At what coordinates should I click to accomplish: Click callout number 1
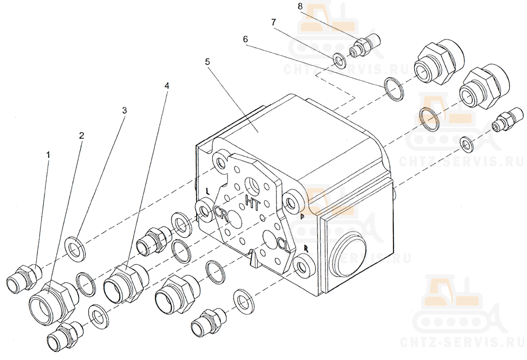(48, 155)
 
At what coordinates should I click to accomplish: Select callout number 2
(81, 135)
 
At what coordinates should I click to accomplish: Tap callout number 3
(125, 110)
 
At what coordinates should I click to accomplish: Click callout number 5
(207, 62)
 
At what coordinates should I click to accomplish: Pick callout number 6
(245, 39)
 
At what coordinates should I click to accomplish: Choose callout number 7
(274, 22)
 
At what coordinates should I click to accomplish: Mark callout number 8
(300, 6)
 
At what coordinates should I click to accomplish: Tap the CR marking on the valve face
(221, 213)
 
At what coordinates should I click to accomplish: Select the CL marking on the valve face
(284, 244)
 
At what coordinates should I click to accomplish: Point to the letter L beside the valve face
(207, 191)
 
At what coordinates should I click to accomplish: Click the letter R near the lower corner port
(305, 249)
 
